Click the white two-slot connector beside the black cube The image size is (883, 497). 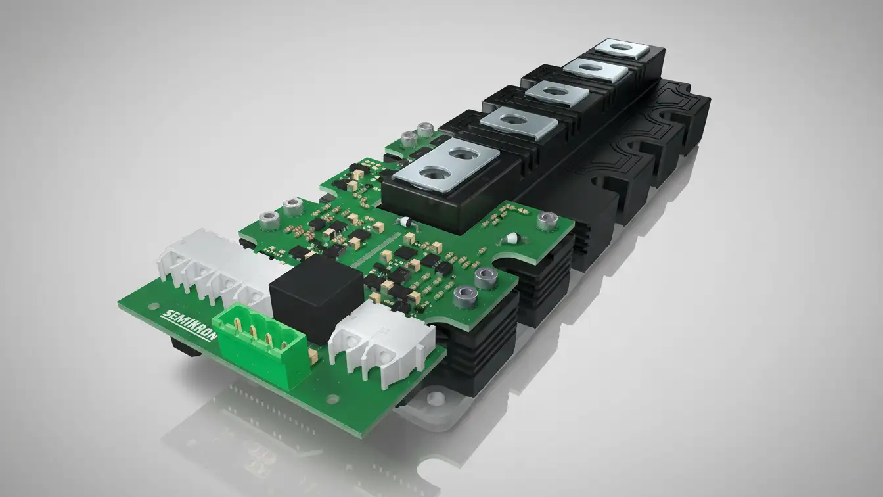coord(382,339)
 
